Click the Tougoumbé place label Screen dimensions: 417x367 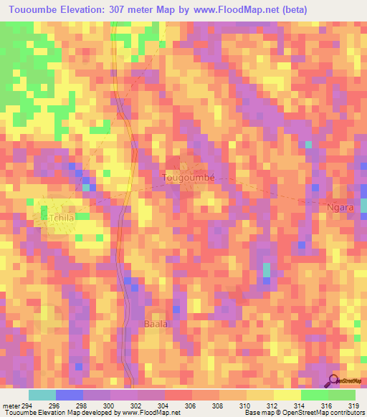pos(189,176)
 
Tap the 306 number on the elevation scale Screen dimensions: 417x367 pos(191,406)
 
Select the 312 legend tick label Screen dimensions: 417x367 pos(272,406)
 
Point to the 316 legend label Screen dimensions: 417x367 pos(328,406)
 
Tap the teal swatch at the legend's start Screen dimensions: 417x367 pos(42,395)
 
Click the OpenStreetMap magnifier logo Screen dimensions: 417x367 pos(334,380)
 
